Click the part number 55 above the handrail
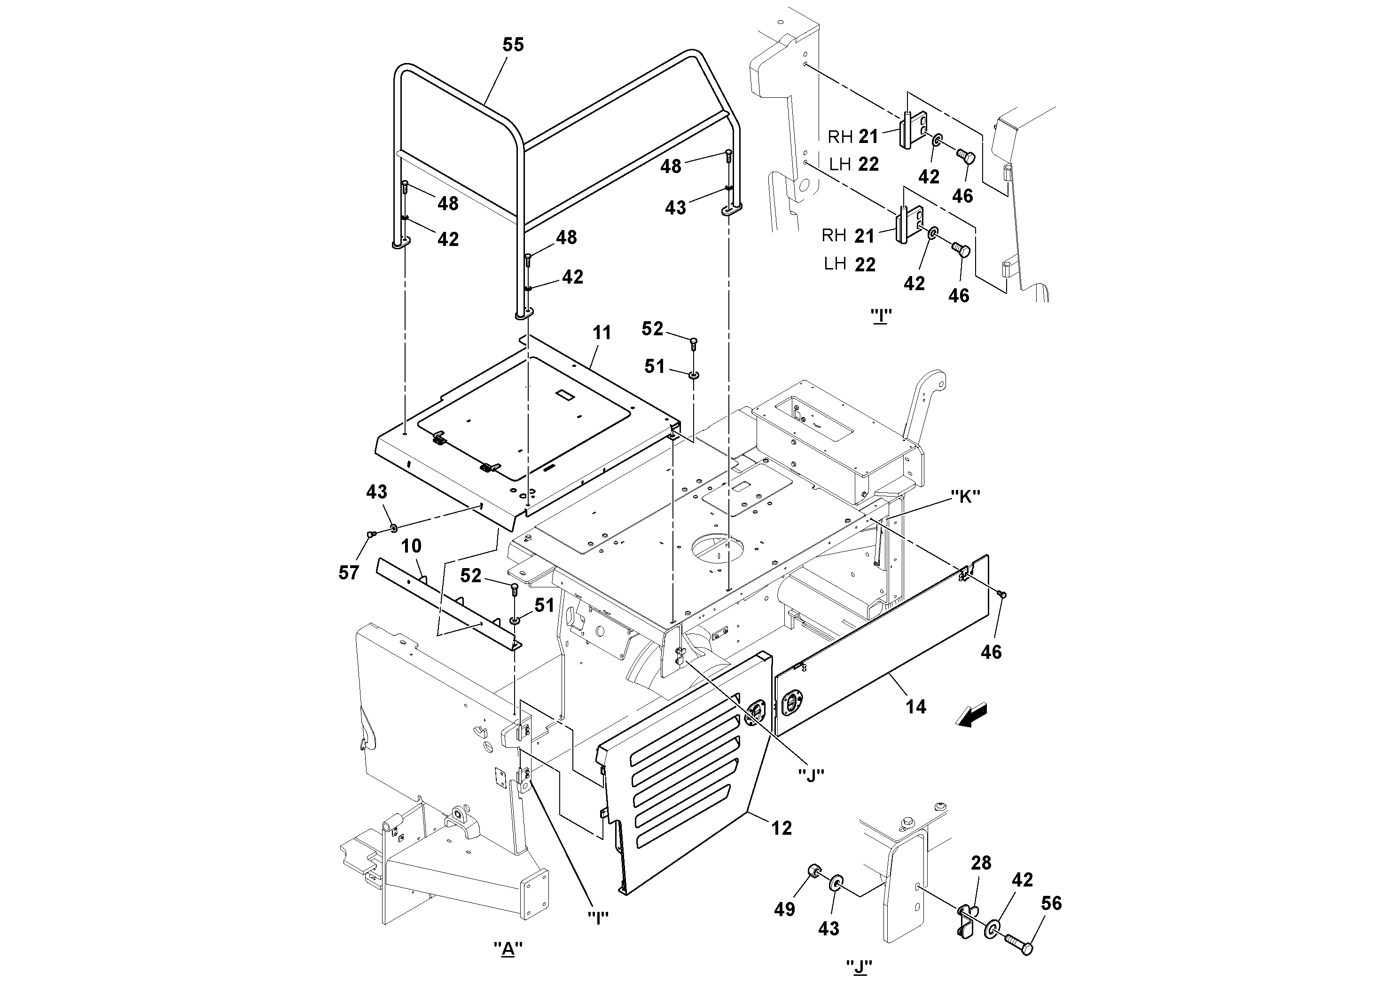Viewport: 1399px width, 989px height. pyautogui.click(x=513, y=45)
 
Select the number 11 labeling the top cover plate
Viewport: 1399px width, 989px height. pyautogui.click(x=602, y=333)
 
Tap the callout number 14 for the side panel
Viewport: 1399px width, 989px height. pyautogui.click(x=916, y=707)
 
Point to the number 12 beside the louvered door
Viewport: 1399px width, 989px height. pyautogui.click(x=782, y=828)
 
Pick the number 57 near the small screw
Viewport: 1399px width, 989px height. pyautogui.click(x=349, y=572)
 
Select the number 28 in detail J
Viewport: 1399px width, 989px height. pyautogui.click(x=982, y=863)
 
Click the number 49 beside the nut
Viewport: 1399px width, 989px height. pyautogui.click(x=785, y=909)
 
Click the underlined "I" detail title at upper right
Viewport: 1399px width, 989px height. pyautogui.click(x=881, y=316)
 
